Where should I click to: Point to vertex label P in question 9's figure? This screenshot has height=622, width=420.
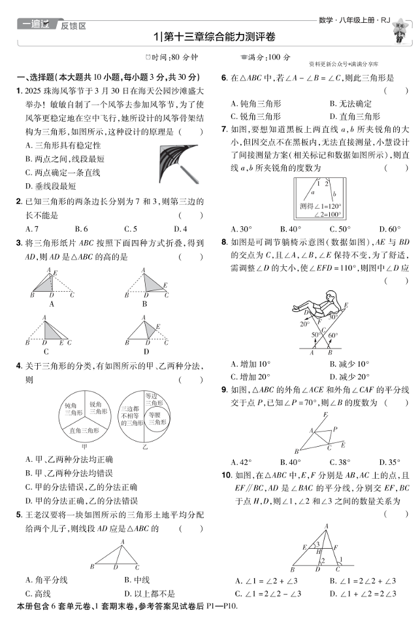[335, 430]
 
